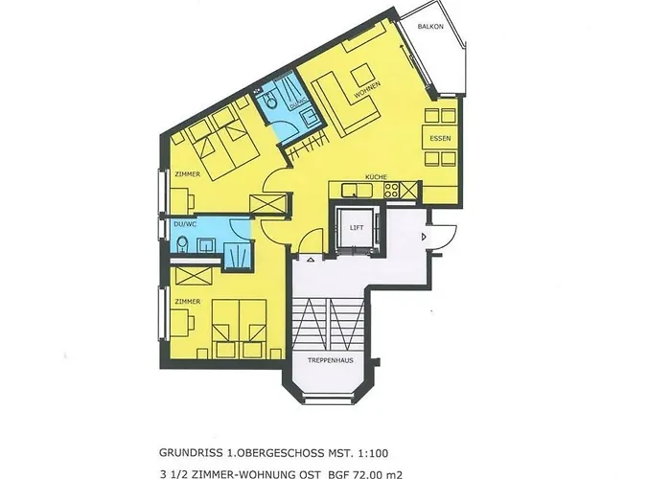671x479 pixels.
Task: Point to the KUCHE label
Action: coord(374,176)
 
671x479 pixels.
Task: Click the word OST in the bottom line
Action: coord(297,446)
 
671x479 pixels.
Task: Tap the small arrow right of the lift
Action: coord(422,236)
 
